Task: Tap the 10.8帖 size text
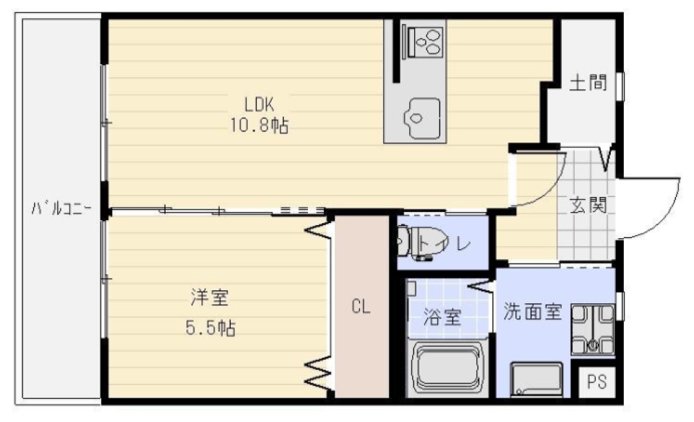coord(260,126)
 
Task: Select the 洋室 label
coord(205,296)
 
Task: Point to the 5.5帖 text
coord(210,328)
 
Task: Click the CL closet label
coord(361,307)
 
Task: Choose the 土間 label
coord(587,83)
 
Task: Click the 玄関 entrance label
coord(588,206)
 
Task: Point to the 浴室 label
coord(442,317)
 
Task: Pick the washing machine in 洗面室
coord(592,330)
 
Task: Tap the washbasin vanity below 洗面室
coord(536,379)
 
